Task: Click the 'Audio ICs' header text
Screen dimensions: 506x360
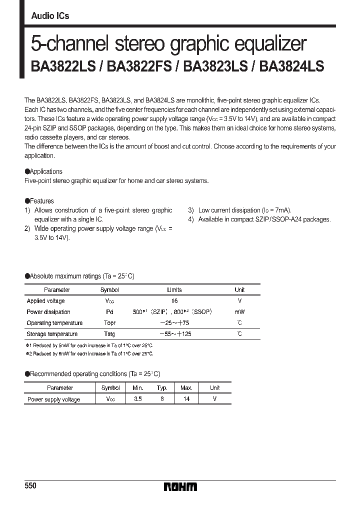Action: tap(50, 16)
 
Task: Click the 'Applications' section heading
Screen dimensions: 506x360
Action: tap(46, 171)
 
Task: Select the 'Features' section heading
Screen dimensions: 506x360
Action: tap(42, 201)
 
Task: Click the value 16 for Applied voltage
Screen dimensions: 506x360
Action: tap(174, 301)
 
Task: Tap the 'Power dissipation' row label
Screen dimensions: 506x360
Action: tap(48, 312)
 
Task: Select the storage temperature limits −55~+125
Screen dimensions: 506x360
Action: tap(174, 334)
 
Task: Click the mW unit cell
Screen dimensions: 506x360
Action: tap(239, 312)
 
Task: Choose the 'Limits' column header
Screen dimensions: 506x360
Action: tap(174, 290)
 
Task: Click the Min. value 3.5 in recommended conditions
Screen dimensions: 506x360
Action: tap(138, 399)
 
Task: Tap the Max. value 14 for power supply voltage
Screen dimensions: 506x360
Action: tap(186, 399)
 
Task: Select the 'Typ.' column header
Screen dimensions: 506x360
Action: tap(162, 388)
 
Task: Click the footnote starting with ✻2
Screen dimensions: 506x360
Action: tap(89, 353)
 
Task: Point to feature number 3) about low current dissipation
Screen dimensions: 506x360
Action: tap(239, 210)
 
